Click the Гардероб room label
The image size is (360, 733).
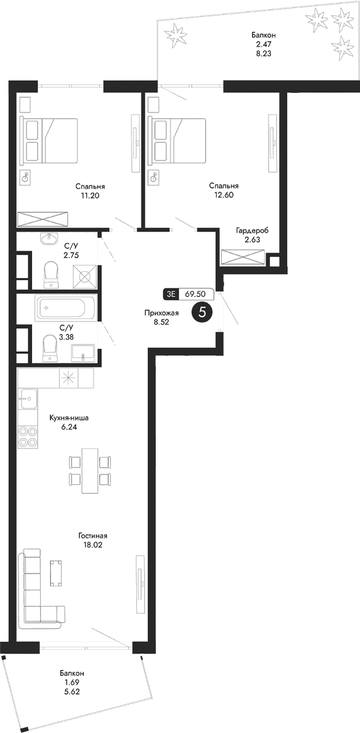point(252,231)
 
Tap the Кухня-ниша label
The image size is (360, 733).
point(69,418)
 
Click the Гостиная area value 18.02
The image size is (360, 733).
point(93,545)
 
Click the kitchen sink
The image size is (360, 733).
point(28,398)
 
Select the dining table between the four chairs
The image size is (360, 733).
point(90,470)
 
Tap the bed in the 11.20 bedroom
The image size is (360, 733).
point(48,140)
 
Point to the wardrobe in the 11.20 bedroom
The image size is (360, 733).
point(43,220)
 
